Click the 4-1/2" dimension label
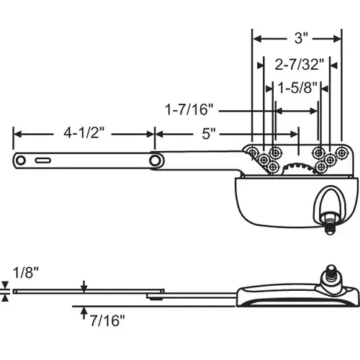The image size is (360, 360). tap(84, 133)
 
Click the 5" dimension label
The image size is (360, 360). tap(210, 133)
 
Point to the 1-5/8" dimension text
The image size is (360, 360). tap(296, 89)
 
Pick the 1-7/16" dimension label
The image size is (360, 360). tap(189, 111)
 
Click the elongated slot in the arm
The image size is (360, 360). tap(44, 160)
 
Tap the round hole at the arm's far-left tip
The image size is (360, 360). tap(22, 160)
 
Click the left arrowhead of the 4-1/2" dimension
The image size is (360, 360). tap(16, 133)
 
